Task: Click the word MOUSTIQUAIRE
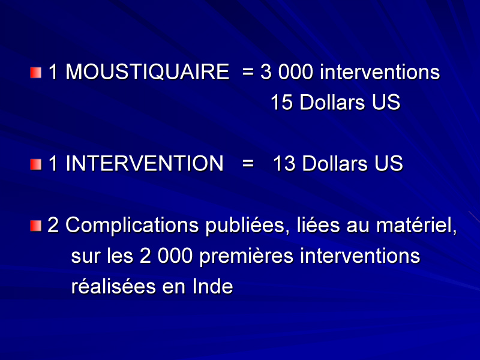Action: point(147,72)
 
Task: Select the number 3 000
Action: point(287,72)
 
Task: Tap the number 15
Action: point(281,102)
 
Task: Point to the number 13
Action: point(284,163)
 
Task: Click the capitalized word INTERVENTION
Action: point(145,163)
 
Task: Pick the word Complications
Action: point(132,226)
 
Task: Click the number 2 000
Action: point(166,256)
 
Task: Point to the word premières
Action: point(247,257)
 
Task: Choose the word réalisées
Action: point(113,286)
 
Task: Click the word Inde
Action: point(213,286)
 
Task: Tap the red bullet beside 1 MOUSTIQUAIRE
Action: point(36,73)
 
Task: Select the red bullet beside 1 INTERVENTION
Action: point(36,164)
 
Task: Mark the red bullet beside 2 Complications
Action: point(36,226)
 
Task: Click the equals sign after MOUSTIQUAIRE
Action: point(248,73)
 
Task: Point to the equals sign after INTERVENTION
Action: point(248,164)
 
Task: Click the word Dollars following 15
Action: point(332,102)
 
